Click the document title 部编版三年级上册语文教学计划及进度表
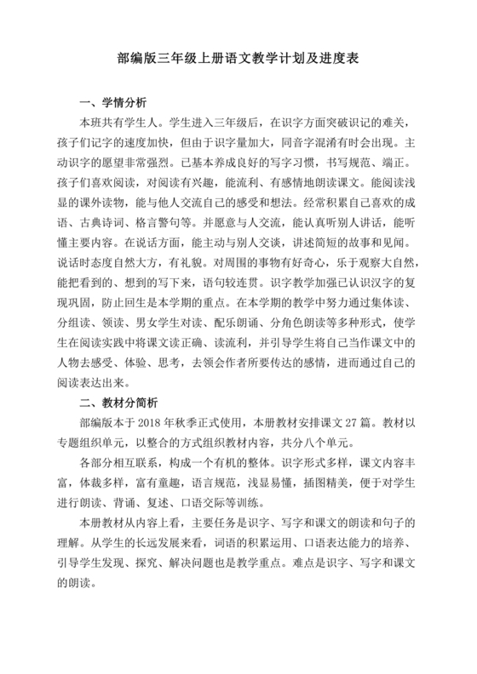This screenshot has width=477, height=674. coord(238,61)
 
